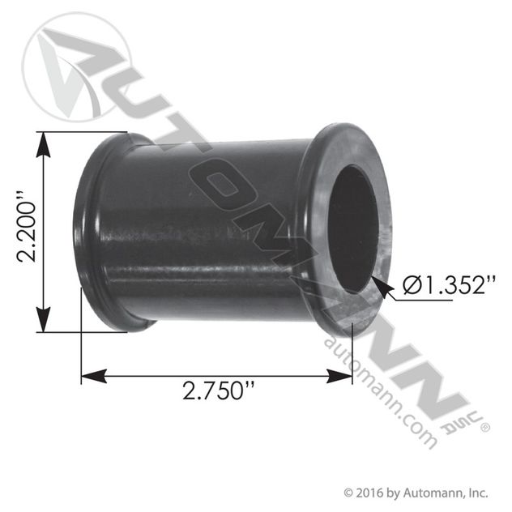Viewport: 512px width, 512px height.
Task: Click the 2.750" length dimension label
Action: coord(214,390)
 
